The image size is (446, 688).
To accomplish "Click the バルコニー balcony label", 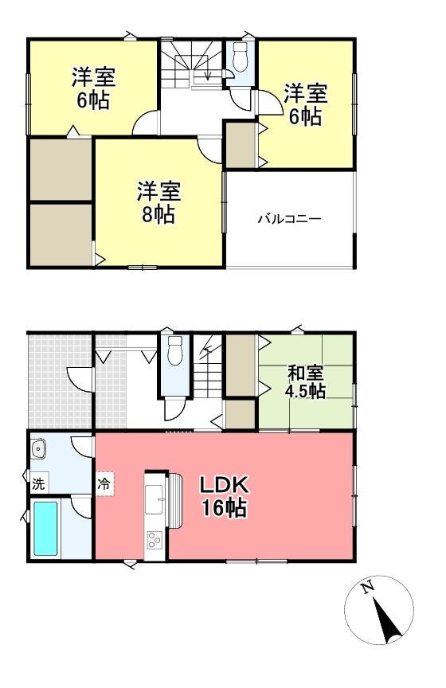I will (x=288, y=218).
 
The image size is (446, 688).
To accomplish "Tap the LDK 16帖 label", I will (x=225, y=495).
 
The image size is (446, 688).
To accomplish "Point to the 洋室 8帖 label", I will (x=158, y=202).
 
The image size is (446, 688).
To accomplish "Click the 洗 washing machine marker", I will (x=37, y=483).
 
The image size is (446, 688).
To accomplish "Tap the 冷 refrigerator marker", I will (x=104, y=483).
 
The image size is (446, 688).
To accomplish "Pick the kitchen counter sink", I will (x=154, y=498).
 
